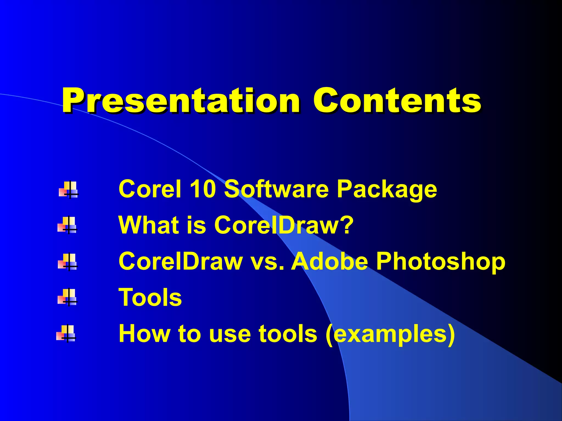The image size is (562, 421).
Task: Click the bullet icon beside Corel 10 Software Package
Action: pyautogui.click(x=69, y=189)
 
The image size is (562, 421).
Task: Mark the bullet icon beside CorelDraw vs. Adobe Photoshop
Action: pyautogui.click(x=68, y=261)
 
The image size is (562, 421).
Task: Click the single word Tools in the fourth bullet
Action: pyautogui.click(x=150, y=298)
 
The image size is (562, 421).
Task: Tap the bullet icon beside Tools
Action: pyautogui.click(x=68, y=297)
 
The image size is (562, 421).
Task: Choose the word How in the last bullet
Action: pyautogui.click(x=144, y=334)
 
